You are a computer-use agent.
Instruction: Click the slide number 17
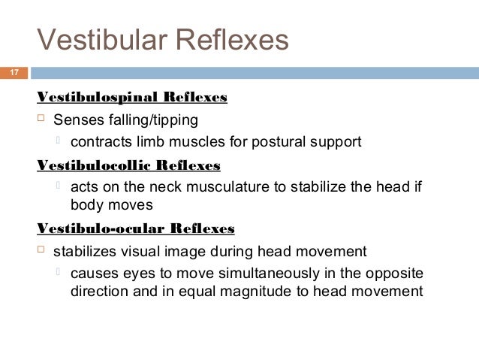(14, 73)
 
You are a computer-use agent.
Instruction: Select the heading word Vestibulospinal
(90, 98)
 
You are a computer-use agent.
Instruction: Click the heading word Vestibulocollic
(89, 165)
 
